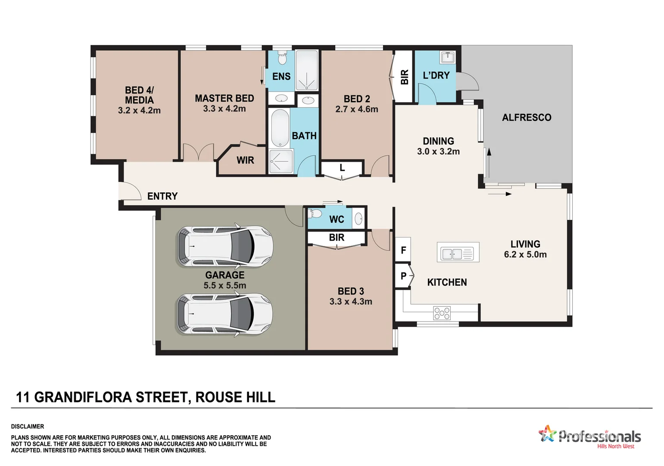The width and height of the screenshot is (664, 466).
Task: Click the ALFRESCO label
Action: pyautogui.click(x=526, y=117)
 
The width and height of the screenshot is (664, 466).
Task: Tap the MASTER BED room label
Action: pyautogui.click(x=224, y=98)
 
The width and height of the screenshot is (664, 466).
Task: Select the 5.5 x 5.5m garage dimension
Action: pyautogui.click(x=224, y=286)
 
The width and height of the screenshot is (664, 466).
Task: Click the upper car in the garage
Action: pyautogui.click(x=225, y=246)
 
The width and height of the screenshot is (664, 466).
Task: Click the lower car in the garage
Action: pyautogui.click(x=225, y=314)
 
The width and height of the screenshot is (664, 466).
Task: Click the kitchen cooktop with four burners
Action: pyautogui.click(x=442, y=313)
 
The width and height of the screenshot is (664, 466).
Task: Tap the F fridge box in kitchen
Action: pyautogui.click(x=403, y=250)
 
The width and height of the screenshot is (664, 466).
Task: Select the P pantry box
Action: pyautogui.click(x=403, y=276)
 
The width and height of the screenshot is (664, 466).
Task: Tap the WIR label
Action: pyautogui.click(x=245, y=161)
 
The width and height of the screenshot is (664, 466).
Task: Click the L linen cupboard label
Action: pyautogui.click(x=342, y=168)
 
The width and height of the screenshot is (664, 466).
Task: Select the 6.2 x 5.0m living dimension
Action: pyautogui.click(x=525, y=255)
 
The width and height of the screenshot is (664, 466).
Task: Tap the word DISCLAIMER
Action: pyautogui.click(x=28, y=426)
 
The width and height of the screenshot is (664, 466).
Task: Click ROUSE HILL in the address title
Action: pyautogui.click(x=235, y=397)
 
